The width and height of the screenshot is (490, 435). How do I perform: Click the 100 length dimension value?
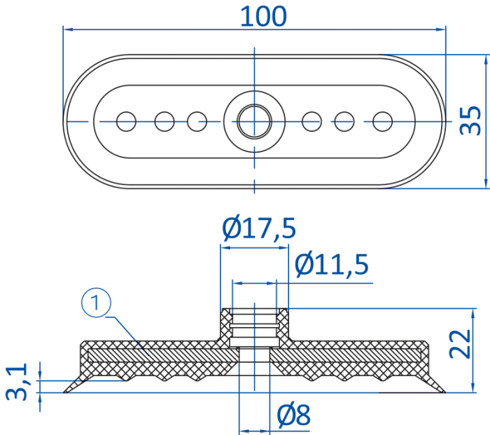click(x=263, y=17)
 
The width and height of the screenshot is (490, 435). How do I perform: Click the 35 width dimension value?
click(x=470, y=120)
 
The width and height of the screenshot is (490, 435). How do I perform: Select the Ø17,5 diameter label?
click(x=259, y=228)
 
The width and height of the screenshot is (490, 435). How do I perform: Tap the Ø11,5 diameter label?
click(x=332, y=265)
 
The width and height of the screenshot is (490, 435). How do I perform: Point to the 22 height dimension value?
click(x=460, y=344)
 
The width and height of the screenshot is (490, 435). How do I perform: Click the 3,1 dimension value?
click(x=17, y=381)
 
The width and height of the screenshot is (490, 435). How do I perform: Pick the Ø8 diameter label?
click(x=294, y=415)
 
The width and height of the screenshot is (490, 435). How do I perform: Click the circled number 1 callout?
click(x=96, y=303)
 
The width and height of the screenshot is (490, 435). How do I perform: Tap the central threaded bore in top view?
click(x=254, y=121)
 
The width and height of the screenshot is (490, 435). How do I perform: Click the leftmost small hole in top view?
click(x=126, y=121)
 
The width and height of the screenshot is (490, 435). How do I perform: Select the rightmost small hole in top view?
click(x=382, y=121)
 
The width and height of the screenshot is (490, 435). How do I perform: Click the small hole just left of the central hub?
click(x=197, y=121)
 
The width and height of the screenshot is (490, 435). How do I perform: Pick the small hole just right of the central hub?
click(x=312, y=121)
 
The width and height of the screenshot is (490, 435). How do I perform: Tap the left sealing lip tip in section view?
click(x=64, y=392)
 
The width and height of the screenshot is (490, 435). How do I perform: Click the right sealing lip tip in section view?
click(x=444, y=392)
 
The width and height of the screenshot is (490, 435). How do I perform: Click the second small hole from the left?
click(x=164, y=121)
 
